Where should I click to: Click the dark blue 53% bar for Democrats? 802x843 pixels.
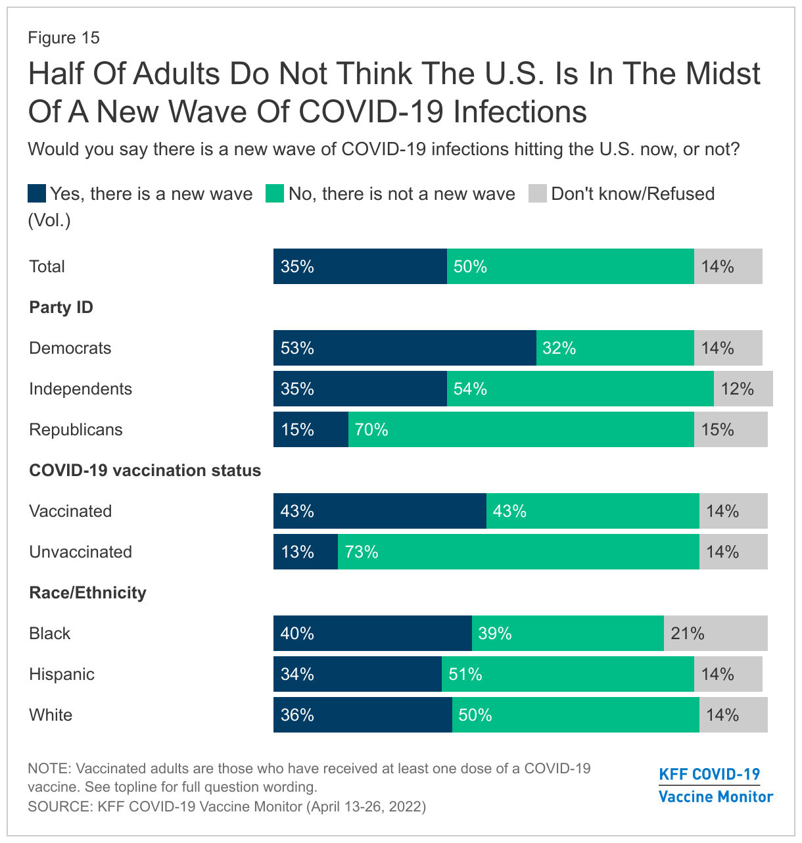(x=404, y=348)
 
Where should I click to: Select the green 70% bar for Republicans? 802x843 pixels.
(x=521, y=429)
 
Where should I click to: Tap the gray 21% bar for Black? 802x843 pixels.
(x=715, y=633)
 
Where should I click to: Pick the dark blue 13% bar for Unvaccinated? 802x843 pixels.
(x=306, y=552)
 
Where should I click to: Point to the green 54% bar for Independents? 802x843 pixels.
(x=580, y=389)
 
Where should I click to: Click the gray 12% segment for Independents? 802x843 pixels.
(x=743, y=389)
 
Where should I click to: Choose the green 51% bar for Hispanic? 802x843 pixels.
(x=567, y=674)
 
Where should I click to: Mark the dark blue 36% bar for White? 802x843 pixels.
(x=362, y=715)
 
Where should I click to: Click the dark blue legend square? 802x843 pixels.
(x=37, y=194)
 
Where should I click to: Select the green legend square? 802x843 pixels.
(x=275, y=194)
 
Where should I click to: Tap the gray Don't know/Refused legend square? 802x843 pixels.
(x=538, y=194)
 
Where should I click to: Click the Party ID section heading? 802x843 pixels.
(x=61, y=307)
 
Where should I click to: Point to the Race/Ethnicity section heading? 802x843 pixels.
(x=87, y=592)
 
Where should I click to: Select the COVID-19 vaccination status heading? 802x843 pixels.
(x=145, y=470)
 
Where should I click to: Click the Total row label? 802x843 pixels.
(x=47, y=266)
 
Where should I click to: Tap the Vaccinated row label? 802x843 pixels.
(x=70, y=511)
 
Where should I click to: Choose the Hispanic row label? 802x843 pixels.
(x=62, y=674)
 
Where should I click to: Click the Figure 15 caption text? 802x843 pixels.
(x=64, y=37)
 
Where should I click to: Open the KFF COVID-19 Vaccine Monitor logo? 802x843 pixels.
(x=715, y=785)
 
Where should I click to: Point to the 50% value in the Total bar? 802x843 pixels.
(x=471, y=266)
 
